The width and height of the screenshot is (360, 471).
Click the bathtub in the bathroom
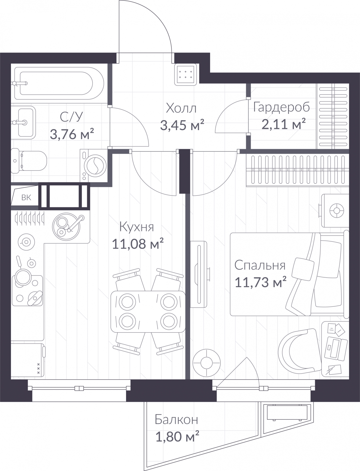pos(59,83)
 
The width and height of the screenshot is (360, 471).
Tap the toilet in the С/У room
pos(29,161)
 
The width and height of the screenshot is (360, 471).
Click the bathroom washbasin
pos(23,122)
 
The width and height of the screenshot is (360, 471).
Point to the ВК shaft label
pos(26,197)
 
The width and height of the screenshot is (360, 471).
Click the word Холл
pos(181,108)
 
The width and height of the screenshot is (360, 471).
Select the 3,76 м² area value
pos(72,134)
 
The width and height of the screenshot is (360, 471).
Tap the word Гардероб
pos(281,107)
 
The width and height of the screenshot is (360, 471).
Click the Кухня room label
pos(136,227)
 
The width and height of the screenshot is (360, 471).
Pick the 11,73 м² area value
pos(261,282)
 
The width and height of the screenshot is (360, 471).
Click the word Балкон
pos(176,420)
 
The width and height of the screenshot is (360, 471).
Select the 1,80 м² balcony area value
pos(177,436)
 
